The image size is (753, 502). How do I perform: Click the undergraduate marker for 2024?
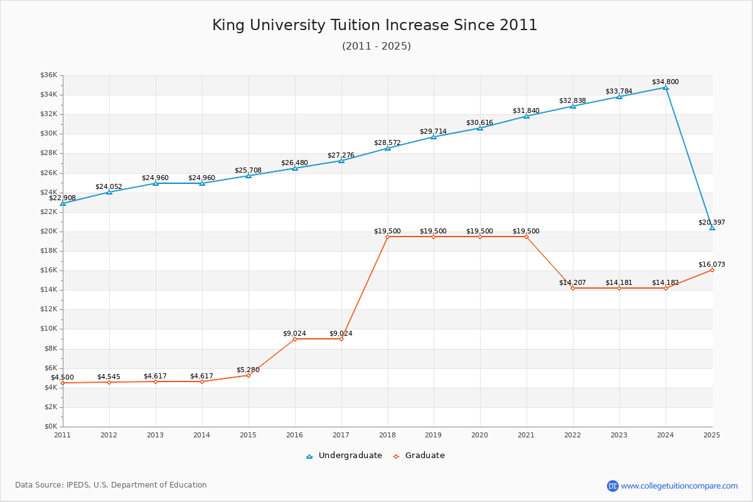click(x=666, y=88)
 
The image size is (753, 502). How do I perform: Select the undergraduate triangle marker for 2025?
click(x=712, y=228)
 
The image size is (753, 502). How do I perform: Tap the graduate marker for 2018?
click(x=388, y=237)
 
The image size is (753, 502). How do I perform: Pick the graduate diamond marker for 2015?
click(x=248, y=375)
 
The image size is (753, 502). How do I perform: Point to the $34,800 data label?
click(x=665, y=82)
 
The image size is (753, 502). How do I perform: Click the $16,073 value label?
click(x=712, y=264)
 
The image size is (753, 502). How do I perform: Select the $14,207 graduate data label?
click(x=572, y=282)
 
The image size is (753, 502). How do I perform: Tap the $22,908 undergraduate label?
click(x=63, y=198)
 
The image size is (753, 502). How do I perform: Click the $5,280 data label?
click(x=248, y=370)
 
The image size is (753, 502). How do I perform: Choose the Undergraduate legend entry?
click(x=344, y=456)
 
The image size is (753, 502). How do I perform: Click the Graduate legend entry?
click(x=419, y=456)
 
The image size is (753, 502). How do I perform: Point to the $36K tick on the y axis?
click(x=49, y=75)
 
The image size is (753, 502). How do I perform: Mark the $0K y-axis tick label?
click(x=51, y=426)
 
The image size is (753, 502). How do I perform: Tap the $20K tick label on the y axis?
click(x=49, y=232)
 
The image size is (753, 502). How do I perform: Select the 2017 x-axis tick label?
click(x=341, y=435)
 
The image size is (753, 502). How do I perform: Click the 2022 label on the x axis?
click(x=572, y=435)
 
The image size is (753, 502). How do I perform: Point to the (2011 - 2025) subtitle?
click(x=376, y=46)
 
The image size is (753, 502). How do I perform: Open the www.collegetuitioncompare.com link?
click(x=679, y=486)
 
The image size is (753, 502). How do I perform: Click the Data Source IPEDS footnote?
click(x=111, y=485)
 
